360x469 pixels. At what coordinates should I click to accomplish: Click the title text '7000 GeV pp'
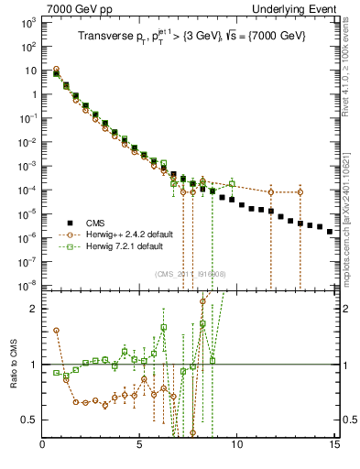click(74, 8)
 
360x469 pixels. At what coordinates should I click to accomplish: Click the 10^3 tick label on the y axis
click(28, 22)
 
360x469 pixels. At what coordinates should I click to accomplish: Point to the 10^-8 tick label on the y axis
click(28, 286)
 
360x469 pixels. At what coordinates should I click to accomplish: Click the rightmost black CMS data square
click(330, 232)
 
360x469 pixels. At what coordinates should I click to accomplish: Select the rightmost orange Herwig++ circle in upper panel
click(300, 191)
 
